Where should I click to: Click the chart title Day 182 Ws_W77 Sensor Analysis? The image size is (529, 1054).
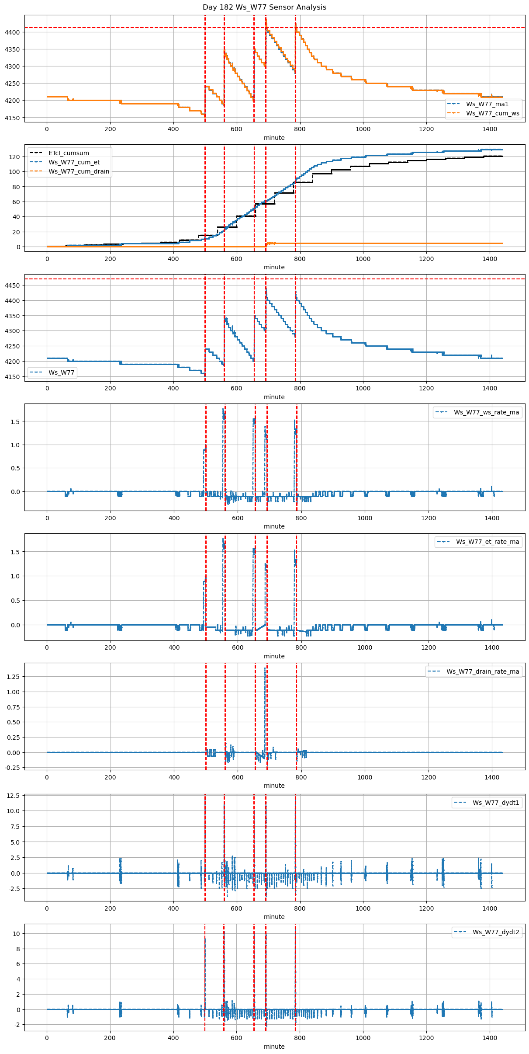click(264, 7)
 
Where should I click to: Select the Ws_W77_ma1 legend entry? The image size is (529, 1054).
click(487, 104)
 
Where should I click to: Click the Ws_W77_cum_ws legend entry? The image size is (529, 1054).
click(492, 113)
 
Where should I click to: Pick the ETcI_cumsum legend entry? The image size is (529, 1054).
click(69, 153)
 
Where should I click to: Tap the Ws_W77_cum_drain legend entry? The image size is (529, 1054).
click(79, 171)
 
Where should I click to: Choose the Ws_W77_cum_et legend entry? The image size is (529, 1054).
click(74, 162)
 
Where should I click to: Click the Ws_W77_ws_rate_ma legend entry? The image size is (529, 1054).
click(486, 412)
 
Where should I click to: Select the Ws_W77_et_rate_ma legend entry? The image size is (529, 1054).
click(488, 542)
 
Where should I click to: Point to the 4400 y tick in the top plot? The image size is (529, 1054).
click(12, 32)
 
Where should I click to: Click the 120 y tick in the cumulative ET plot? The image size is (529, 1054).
click(15, 157)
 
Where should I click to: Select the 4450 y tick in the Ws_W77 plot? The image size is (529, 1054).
click(12, 285)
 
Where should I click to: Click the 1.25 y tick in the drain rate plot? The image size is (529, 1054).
click(13, 677)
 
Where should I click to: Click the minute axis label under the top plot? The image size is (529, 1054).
click(274, 138)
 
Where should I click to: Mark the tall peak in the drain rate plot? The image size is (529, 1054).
click(265, 669)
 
